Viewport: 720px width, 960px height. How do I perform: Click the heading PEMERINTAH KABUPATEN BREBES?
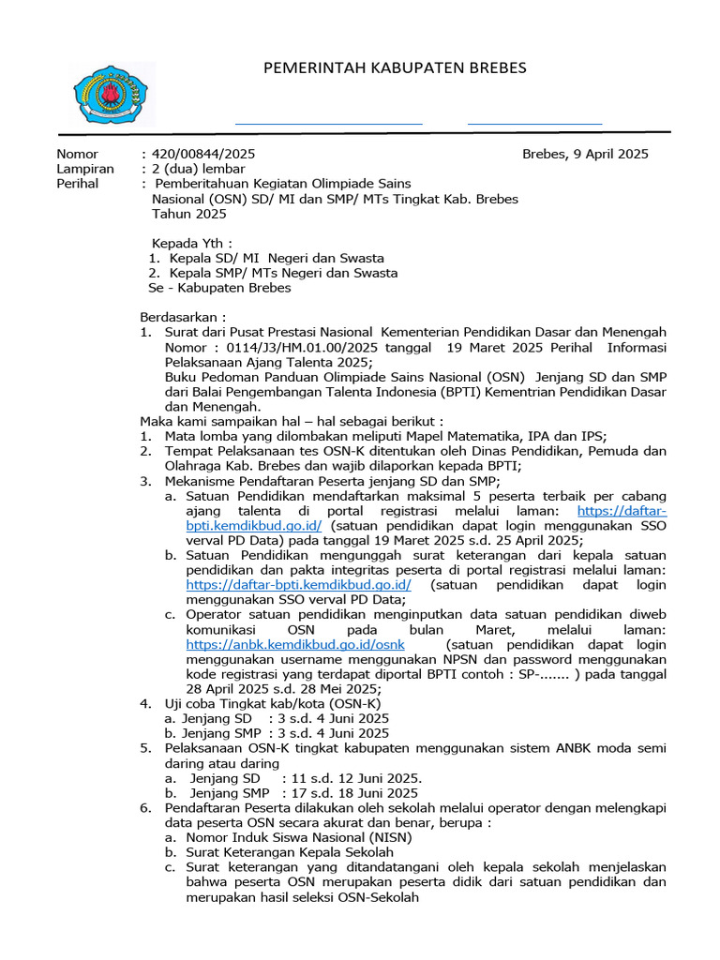[x=395, y=67]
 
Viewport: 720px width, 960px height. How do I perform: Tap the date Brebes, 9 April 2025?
[x=585, y=154]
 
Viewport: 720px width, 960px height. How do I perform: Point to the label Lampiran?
[x=85, y=169]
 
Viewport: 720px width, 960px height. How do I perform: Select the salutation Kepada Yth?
[x=191, y=242]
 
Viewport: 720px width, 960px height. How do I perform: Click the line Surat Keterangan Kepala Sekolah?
[x=290, y=853]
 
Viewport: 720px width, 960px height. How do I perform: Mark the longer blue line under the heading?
[x=328, y=123]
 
